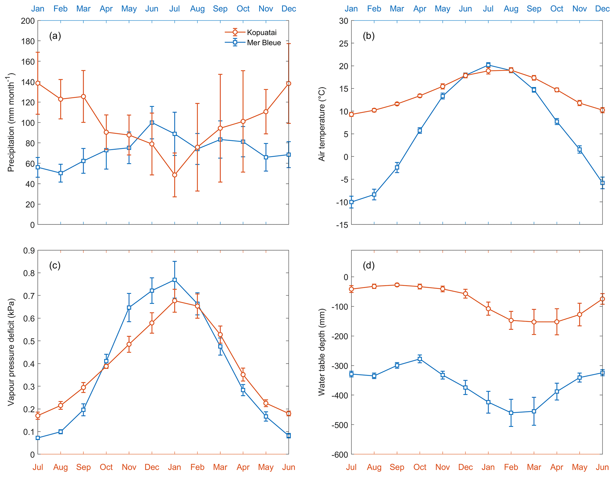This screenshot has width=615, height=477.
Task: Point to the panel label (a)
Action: (55, 36)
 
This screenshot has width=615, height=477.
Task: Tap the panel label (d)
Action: (368, 265)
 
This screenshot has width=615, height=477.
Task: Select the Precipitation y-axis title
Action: (11, 122)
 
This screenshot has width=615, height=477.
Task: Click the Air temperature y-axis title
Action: (322, 124)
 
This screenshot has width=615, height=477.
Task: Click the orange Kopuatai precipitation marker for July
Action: (175, 175)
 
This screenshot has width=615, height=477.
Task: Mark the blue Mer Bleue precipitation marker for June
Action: (152, 122)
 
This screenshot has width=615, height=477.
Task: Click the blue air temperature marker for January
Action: (351, 202)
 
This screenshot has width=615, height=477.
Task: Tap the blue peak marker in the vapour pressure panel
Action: (175, 280)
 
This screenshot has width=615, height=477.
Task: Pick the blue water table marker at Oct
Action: (420, 359)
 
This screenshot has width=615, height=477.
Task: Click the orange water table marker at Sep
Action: (397, 285)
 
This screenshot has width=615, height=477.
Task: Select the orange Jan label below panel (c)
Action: (175, 467)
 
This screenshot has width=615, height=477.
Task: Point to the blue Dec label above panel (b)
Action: (602, 9)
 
